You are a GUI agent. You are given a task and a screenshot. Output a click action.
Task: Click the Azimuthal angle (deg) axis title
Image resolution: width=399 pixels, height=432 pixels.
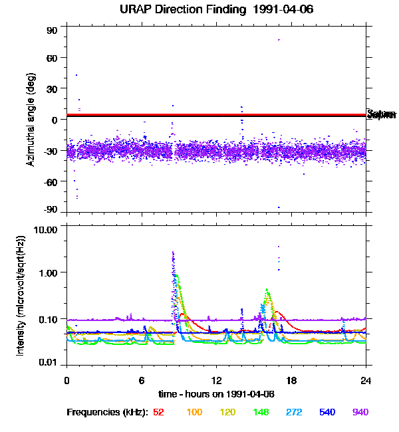(x=30, y=120)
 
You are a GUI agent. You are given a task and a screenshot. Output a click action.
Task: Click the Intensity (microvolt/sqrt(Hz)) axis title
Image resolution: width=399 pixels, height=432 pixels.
(x=21, y=296)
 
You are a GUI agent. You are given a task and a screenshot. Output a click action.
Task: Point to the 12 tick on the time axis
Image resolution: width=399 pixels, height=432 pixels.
(x=217, y=381)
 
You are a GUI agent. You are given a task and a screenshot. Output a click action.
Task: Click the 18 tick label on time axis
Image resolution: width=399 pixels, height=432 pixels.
(x=291, y=381)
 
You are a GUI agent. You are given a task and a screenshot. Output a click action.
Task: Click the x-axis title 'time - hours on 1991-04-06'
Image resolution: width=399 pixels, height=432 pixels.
(x=217, y=394)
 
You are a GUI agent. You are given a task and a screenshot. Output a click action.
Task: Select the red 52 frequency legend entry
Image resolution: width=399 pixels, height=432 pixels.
(x=158, y=412)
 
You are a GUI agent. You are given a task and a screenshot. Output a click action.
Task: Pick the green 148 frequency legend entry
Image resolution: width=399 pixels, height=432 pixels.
(x=261, y=412)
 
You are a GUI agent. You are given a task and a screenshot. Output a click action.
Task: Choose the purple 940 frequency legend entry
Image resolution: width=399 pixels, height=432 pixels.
(x=360, y=412)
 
